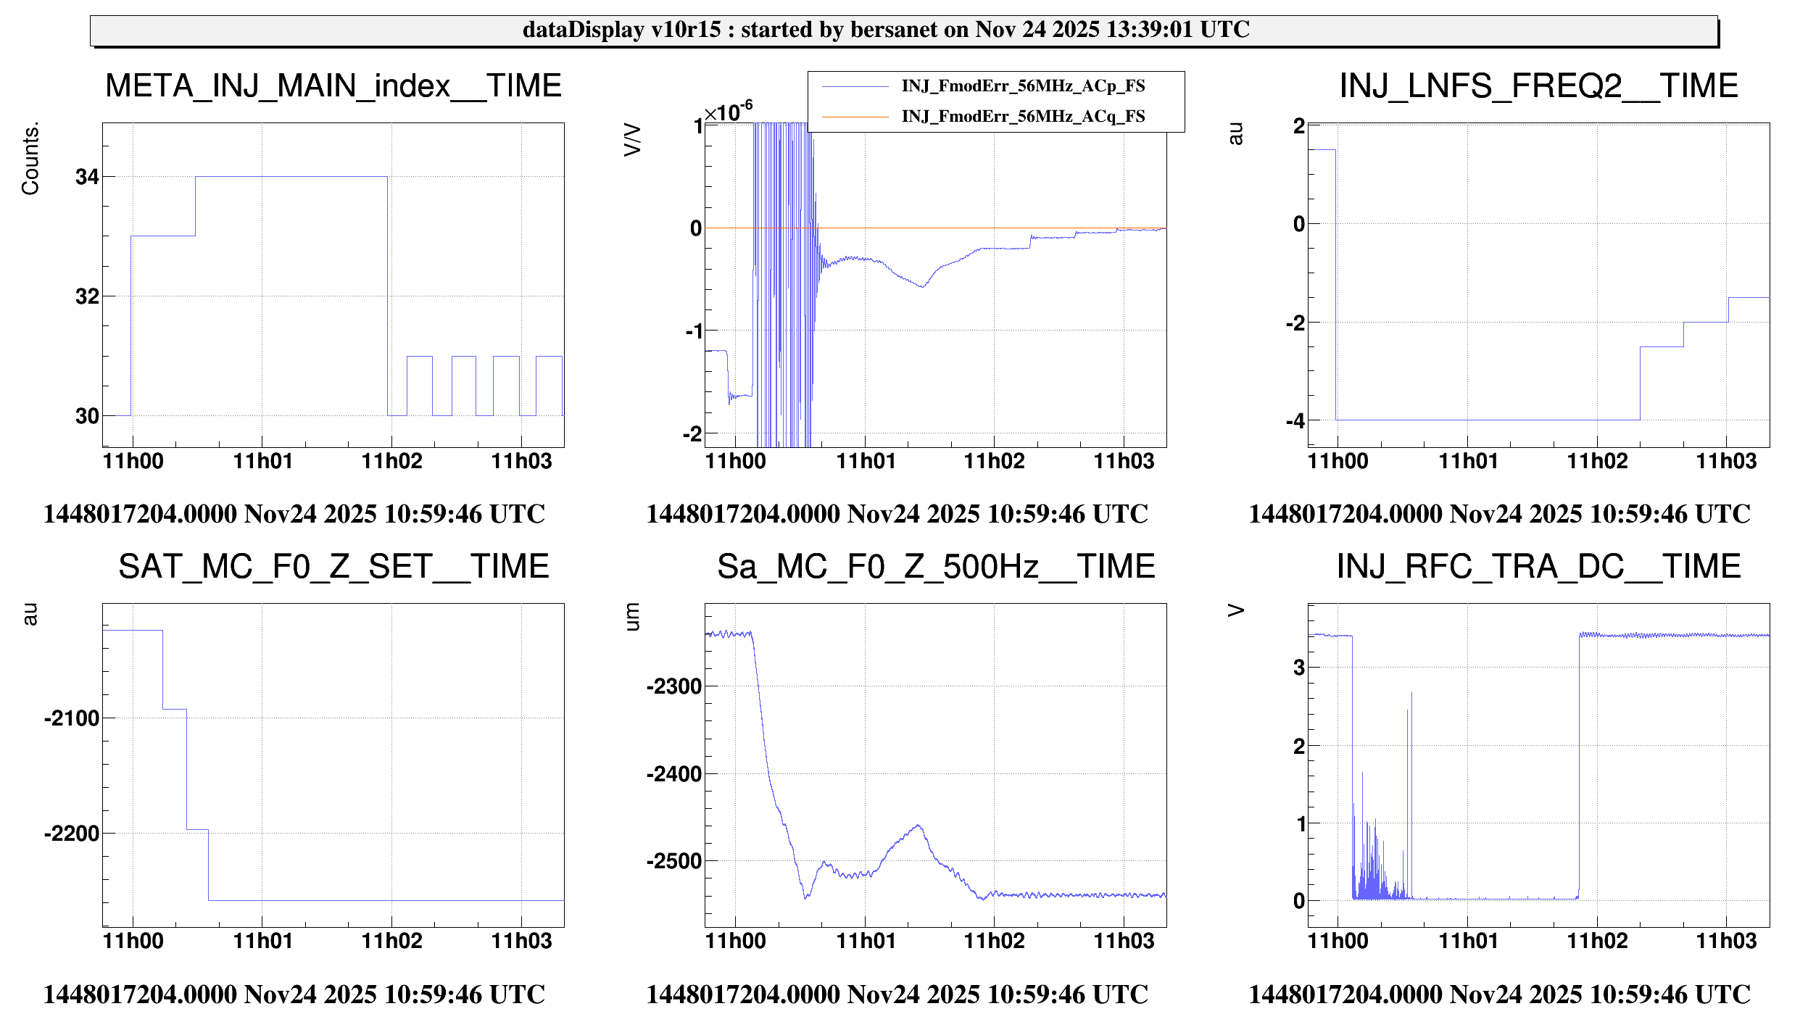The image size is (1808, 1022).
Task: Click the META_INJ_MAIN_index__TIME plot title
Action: tap(333, 86)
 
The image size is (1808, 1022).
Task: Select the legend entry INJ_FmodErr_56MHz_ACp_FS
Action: tap(1022, 86)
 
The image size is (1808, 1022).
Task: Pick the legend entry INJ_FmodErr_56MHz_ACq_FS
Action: tap(1022, 117)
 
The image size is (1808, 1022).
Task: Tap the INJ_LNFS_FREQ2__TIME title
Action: tap(1538, 86)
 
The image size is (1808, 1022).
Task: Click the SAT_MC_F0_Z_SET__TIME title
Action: tap(333, 567)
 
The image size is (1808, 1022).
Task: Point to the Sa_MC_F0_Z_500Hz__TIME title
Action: tap(936, 567)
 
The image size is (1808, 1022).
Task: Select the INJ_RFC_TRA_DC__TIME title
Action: tap(1538, 567)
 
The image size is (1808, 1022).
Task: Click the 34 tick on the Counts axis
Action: tap(87, 177)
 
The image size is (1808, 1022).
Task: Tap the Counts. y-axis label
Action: tap(30, 158)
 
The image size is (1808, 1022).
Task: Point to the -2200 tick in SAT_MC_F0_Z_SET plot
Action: tap(72, 834)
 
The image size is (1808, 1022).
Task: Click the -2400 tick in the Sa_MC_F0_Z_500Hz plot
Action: tap(674, 774)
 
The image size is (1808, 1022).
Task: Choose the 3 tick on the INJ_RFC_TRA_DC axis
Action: tap(1299, 668)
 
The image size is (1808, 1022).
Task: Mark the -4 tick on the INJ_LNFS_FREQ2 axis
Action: tap(1295, 421)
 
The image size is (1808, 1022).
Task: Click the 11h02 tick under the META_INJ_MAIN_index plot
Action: tap(391, 461)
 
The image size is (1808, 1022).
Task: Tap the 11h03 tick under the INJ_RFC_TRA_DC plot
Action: tap(1726, 941)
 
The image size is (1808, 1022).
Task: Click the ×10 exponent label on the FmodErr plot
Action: tap(728, 112)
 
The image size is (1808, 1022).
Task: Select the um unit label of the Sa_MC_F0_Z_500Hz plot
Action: tap(632, 617)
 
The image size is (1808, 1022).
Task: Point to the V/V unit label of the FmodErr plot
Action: tap(632, 140)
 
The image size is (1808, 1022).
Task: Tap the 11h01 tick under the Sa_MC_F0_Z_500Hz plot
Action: tap(866, 941)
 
